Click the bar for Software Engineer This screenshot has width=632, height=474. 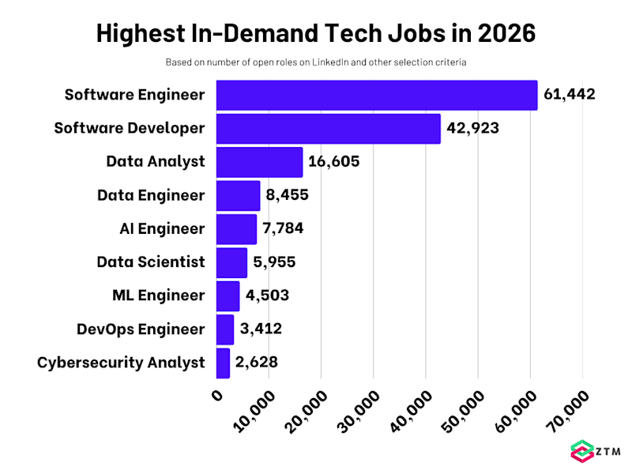click(x=376, y=95)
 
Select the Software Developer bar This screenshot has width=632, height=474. click(x=328, y=128)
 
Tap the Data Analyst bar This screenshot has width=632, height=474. click(x=259, y=162)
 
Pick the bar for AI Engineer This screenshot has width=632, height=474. click(x=236, y=229)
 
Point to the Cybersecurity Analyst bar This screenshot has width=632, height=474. click(x=223, y=363)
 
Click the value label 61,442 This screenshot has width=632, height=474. click(x=570, y=95)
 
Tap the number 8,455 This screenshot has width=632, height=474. click(x=287, y=195)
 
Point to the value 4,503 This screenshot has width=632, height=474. click(x=267, y=295)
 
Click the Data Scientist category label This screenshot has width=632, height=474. click(x=151, y=262)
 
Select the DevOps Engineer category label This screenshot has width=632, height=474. click(x=141, y=329)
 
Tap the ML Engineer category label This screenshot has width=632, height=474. click(x=159, y=295)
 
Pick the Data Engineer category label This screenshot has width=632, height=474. click(x=151, y=195)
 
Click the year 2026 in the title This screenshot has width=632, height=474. click(x=502, y=34)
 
